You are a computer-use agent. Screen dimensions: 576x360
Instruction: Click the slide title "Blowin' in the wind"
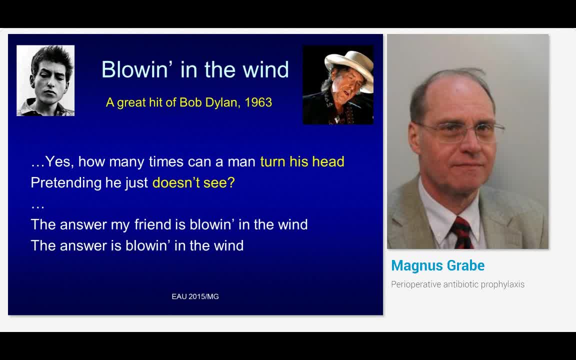point(195,69)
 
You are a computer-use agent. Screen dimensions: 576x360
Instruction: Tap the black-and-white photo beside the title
point(45,80)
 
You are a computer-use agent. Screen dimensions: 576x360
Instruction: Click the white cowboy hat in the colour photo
point(349,64)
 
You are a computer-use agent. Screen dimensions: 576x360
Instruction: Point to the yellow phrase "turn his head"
point(302,161)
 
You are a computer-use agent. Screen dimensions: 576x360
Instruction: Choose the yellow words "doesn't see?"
point(193,182)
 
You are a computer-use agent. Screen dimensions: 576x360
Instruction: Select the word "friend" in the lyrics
point(154,224)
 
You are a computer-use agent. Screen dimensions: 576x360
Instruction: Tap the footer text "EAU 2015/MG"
point(195,296)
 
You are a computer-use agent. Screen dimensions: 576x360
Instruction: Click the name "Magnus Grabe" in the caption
point(438,265)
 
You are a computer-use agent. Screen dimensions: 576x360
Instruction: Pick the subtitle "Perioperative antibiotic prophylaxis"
point(457,284)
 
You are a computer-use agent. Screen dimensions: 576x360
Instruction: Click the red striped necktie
point(461,233)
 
